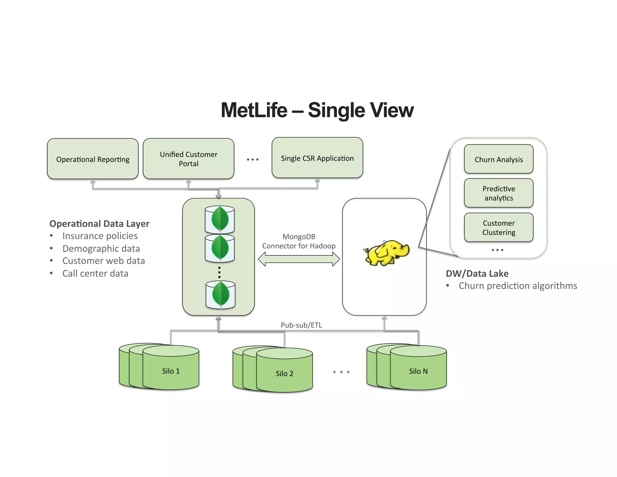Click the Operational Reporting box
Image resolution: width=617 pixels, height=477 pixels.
pyautogui.click(x=93, y=159)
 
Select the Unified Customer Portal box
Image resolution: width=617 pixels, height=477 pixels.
pyautogui.click(x=189, y=159)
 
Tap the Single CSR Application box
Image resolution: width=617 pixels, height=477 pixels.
pyautogui.click(x=317, y=158)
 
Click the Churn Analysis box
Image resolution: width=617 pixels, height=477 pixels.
pyautogui.click(x=499, y=159)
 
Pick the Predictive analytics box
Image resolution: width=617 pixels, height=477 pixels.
pyautogui.click(x=499, y=193)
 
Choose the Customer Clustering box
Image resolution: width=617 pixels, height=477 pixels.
pyautogui.click(x=499, y=228)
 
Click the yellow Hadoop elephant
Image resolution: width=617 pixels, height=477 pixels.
pyautogui.click(x=387, y=253)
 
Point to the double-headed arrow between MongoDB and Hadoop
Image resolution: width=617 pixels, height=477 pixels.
pyautogui.click(x=299, y=259)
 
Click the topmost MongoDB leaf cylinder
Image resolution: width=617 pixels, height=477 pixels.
pyautogui.click(x=220, y=219)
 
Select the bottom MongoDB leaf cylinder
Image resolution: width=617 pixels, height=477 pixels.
pyautogui.click(x=221, y=295)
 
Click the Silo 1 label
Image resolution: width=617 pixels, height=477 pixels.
pyautogui.click(x=171, y=371)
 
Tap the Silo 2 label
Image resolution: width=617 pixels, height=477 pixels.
pyautogui.click(x=284, y=374)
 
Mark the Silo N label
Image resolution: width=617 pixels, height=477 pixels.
pyautogui.click(x=418, y=371)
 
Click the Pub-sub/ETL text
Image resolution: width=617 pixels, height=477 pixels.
pyautogui.click(x=301, y=325)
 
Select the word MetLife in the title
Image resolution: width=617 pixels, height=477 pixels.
pyautogui.click(x=254, y=110)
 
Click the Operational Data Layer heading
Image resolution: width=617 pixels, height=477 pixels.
pyautogui.click(x=99, y=224)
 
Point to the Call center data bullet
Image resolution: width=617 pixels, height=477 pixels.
pyautogui.click(x=95, y=273)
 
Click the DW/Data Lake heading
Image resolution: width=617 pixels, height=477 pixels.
pyautogui.click(x=477, y=273)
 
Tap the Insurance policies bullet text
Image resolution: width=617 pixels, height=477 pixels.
pyautogui.click(x=100, y=236)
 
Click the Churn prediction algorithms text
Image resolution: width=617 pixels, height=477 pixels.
pyautogui.click(x=518, y=286)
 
